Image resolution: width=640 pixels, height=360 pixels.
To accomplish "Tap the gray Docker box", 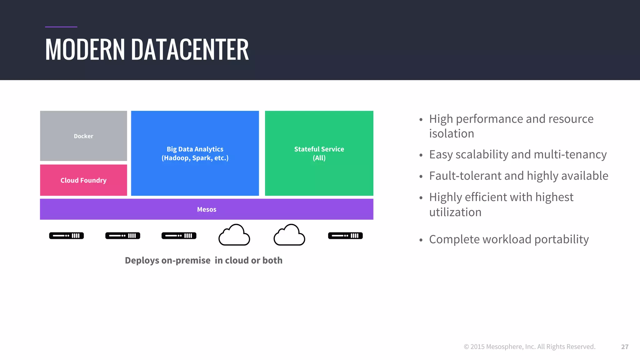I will pyautogui.click(x=83, y=136).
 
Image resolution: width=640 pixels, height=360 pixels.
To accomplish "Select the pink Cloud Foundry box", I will pyautogui.click(x=83, y=180).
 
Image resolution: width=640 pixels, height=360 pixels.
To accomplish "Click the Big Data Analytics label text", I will pyautogui.click(x=195, y=149).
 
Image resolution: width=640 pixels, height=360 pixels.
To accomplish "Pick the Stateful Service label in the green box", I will pyautogui.click(x=319, y=149).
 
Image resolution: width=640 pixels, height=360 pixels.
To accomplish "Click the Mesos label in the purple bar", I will pyautogui.click(x=207, y=209).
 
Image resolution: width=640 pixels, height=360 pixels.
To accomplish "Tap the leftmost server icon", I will pyautogui.click(x=67, y=236).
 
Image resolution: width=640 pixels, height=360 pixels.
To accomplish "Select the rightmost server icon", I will pyautogui.click(x=345, y=236).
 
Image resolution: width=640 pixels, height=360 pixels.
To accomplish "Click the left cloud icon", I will pyautogui.click(x=234, y=235).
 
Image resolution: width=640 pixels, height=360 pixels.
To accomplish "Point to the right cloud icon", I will pyautogui.click(x=289, y=235).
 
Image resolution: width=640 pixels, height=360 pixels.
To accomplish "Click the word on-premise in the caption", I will pyautogui.click(x=186, y=260).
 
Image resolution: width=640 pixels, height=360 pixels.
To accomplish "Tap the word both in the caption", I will pyautogui.click(x=272, y=260).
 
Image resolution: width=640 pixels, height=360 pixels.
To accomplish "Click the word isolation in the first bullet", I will pyautogui.click(x=452, y=134).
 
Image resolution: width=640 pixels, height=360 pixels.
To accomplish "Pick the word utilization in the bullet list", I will pyautogui.click(x=455, y=212).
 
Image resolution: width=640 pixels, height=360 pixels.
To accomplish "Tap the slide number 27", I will pyautogui.click(x=625, y=347).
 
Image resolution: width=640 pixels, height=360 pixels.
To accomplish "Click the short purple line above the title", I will pyautogui.click(x=61, y=27).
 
